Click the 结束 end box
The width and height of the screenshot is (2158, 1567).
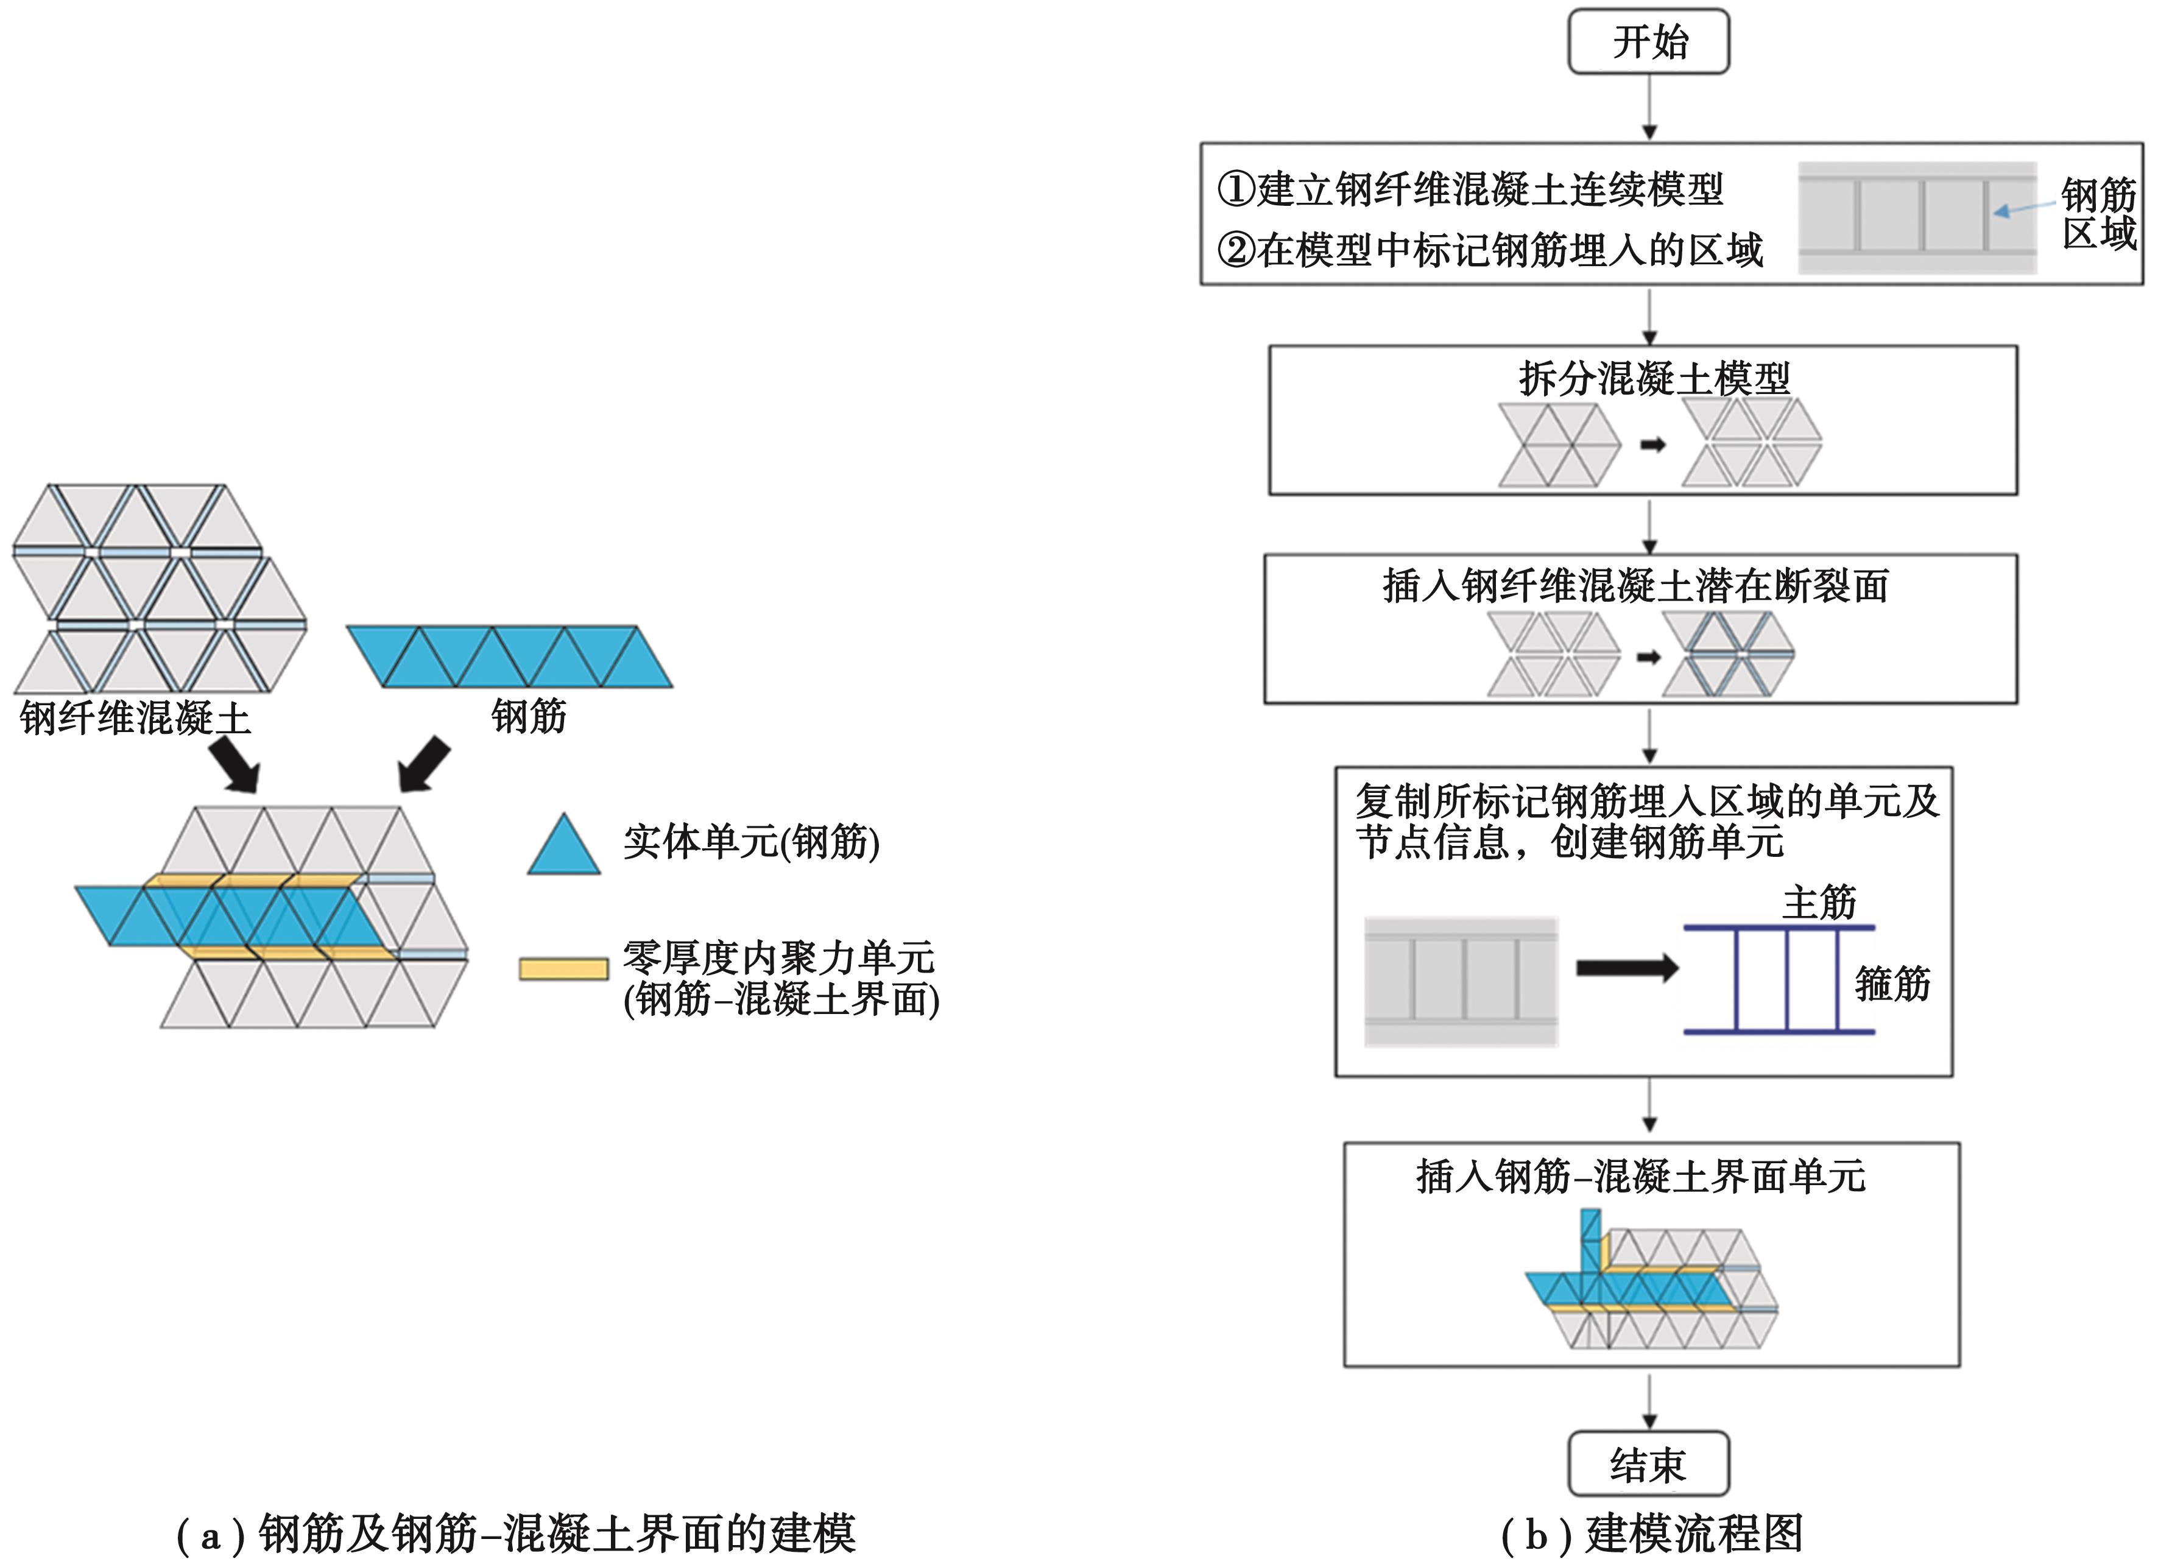[1648, 1464]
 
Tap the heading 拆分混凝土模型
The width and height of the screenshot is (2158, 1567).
[1654, 379]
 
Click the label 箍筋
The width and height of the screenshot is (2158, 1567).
[1892, 983]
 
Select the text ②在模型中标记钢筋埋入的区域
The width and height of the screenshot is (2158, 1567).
[1490, 249]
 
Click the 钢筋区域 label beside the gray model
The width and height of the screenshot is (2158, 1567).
[2098, 214]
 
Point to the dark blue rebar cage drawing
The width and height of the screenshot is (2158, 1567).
[1779, 979]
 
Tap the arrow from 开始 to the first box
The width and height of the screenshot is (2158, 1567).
[1650, 108]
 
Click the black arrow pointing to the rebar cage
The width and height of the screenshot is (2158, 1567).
[1627, 968]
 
